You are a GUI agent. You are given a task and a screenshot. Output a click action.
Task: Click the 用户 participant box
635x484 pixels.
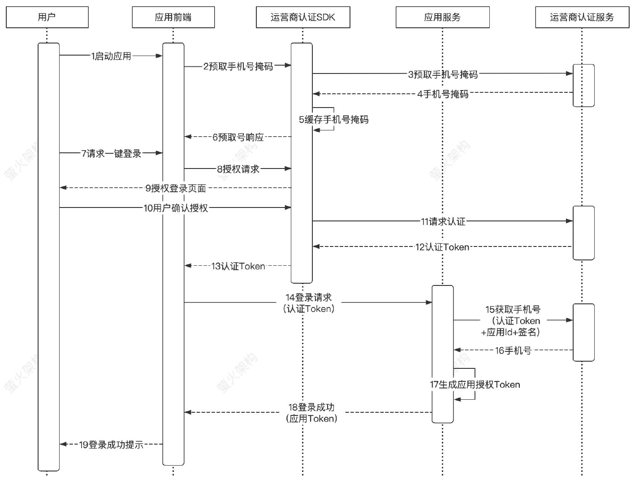[47, 17]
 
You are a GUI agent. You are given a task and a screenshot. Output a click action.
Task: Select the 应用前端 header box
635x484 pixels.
[173, 17]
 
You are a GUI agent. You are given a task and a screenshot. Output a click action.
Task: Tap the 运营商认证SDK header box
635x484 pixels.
[302, 17]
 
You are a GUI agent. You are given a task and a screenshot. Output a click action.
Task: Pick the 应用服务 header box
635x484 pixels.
[442, 17]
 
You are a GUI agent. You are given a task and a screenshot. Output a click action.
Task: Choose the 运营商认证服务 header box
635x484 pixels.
[582, 17]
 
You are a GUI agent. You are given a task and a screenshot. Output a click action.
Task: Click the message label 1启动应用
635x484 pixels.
[111, 56]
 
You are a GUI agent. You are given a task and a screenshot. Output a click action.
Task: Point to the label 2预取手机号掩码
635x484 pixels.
[238, 66]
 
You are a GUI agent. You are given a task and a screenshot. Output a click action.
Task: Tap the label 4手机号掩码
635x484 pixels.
[443, 94]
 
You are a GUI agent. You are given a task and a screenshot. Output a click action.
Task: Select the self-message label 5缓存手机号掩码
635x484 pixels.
[334, 120]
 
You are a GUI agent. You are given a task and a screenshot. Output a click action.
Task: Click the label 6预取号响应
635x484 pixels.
[238, 137]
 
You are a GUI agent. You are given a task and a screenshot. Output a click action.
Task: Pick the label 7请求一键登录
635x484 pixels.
[111, 154]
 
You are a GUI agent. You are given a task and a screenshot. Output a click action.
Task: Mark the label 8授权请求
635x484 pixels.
[238, 169]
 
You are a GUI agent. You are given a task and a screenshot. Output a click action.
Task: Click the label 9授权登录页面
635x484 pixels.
[176, 188]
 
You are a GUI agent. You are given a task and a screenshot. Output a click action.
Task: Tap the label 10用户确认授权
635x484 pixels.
[176, 208]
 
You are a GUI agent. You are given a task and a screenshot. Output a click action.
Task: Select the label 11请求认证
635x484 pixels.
[443, 221]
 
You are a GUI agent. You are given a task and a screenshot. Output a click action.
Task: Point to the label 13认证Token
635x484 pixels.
[238, 266]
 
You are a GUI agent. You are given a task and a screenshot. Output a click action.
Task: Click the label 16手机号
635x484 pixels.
[513, 350]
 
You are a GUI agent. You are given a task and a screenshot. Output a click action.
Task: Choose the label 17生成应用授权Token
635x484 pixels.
[475, 385]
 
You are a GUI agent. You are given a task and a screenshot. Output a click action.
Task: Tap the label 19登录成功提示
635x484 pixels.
[111, 445]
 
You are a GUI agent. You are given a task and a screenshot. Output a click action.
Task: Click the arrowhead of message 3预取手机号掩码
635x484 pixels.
[570, 73]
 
